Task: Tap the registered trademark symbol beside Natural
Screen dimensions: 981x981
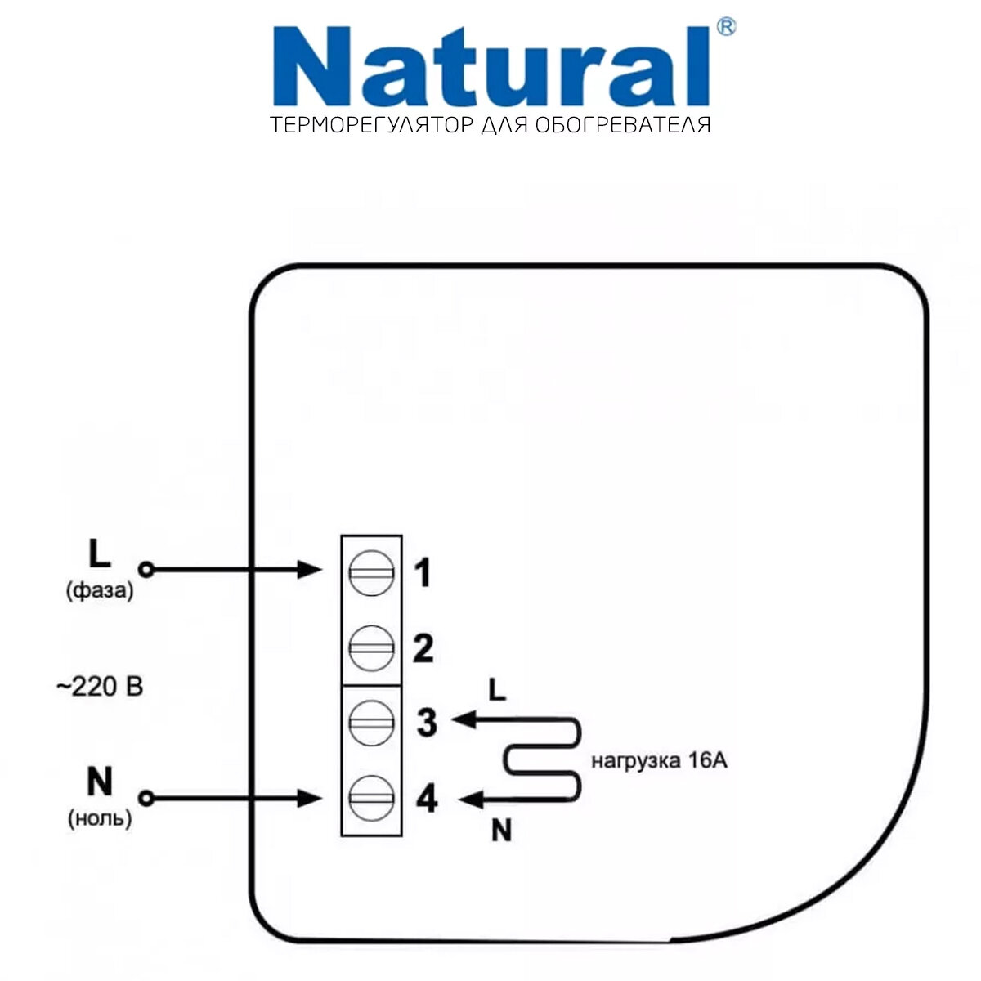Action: (x=725, y=27)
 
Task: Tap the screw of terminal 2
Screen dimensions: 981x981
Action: (x=372, y=647)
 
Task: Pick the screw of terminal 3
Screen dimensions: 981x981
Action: (x=372, y=721)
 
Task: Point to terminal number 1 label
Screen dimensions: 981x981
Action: (x=422, y=573)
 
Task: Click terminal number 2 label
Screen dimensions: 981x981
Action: (x=423, y=649)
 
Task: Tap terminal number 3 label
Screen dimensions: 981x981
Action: (x=427, y=723)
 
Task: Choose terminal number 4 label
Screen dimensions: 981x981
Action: (x=427, y=799)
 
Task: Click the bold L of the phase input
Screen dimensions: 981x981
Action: (x=99, y=554)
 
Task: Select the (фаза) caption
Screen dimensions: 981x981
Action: (x=99, y=590)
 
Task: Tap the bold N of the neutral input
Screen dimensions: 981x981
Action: (x=99, y=782)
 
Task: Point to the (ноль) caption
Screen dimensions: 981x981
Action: (x=99, y=818)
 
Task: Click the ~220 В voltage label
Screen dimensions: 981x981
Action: (x=99, y=687)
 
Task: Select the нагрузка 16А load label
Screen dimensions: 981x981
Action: (x=659, y=761)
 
